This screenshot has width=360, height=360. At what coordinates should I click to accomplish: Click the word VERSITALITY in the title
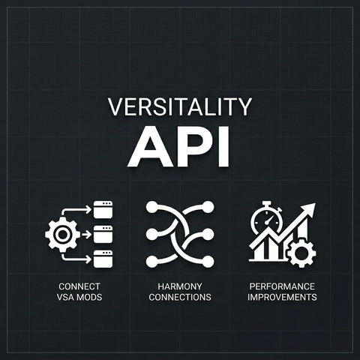click(x=180, y=106)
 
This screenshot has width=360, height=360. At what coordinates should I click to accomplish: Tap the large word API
click(x=178, y=147)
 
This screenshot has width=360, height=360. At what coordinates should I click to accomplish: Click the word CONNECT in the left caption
click(x=79, y=286)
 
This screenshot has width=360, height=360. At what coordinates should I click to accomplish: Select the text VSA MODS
click(x=79, y=297)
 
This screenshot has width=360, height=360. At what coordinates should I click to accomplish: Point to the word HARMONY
click(x=180, y=286)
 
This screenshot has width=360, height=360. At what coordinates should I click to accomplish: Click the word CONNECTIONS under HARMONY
click(x=180, y=297)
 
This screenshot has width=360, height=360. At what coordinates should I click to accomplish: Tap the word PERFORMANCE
click(x=282, y=286)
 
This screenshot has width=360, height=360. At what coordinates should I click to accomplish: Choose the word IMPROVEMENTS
click(x=282, y=297)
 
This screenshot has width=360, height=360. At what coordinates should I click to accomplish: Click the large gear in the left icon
click(x=62, y=234)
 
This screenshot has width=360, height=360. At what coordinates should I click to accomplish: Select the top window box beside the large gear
click(x=103, y=209)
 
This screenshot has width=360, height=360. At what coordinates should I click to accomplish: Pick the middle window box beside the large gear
click(x=103, y=234)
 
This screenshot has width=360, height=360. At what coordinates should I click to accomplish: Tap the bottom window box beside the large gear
click(x=103, y=259)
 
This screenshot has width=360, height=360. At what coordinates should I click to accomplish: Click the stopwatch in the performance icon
click(x=267, y=218)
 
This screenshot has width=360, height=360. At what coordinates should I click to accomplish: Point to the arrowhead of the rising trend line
click(x=309, y=210)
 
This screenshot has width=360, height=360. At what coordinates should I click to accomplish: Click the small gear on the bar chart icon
click(x=301, y=253)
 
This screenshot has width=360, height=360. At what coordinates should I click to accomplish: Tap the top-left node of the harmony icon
click(x=151, y=207)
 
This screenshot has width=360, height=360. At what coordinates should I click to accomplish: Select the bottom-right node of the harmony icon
click(x=208, y=262)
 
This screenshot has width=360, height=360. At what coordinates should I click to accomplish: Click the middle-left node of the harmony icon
click(x=151, y=235)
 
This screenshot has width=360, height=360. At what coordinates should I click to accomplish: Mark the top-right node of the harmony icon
click(x=208, y=207)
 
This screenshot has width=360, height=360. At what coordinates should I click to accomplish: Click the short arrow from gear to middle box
click(x=86, y=235)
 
